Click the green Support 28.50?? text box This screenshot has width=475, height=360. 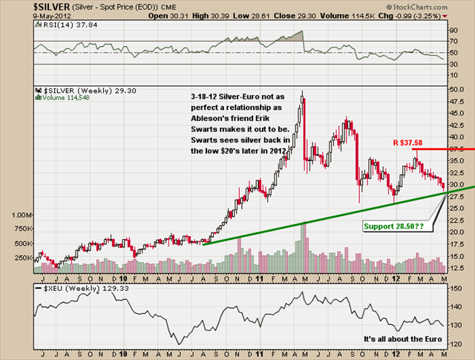(x=394, y=225)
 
